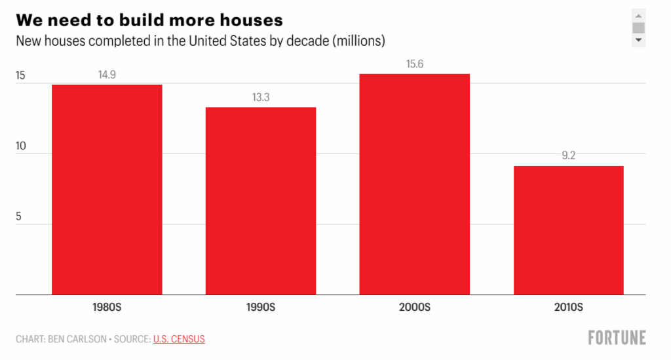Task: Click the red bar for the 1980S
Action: pos(107,190)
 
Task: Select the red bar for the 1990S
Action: pos(261,201)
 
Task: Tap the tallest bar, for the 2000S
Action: pos(414,184)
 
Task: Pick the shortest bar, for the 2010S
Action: pos(568,230)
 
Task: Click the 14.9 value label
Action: pos(107,75)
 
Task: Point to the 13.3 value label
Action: pos(261,97)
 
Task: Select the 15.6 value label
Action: pos(414,64)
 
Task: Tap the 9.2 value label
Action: pos(568,156)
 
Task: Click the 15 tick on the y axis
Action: pos(20,75)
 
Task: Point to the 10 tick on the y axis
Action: pos(20,146)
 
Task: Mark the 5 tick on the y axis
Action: pos(19,216)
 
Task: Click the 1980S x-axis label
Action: pos(107,307)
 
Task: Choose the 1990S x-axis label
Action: pos(261,307)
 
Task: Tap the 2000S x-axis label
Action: pos(414,307)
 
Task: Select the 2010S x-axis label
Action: pos(568,307)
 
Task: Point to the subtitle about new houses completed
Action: pos(200,41)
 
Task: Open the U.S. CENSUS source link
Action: pos(179,339)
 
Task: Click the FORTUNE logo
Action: pos(616,338)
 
